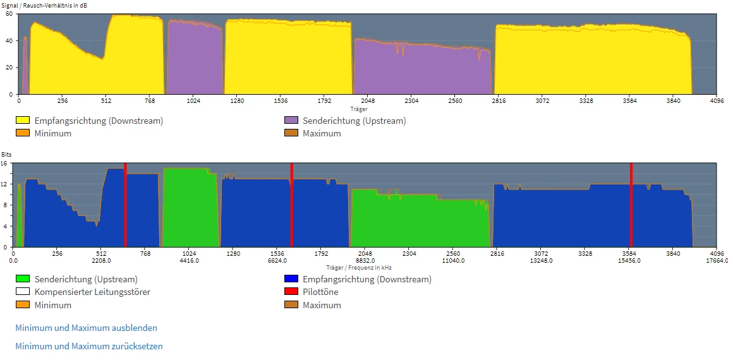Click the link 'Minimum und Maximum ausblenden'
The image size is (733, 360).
click(86, 328)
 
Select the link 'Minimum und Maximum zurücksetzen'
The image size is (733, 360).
click(88, 346)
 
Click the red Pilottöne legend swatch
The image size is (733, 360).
click(291, 292)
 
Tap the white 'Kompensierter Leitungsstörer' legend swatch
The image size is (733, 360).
click(23, 292)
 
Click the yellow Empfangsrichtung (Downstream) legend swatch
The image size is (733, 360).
click(23, 121)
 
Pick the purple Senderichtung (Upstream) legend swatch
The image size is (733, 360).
click(291, 121)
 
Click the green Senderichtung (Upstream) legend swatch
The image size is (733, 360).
click(23, 279)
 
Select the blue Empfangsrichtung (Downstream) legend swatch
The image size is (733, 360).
click(291, 279)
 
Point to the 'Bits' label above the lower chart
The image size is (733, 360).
click(6, 154)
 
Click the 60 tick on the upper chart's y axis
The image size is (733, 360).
click(9, 14)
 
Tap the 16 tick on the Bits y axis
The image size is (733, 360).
click(4, 163)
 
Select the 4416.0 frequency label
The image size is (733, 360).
click(189, 260)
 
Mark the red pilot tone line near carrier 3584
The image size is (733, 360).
click(631, 205)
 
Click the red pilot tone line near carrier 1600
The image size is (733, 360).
click(291, 205)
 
